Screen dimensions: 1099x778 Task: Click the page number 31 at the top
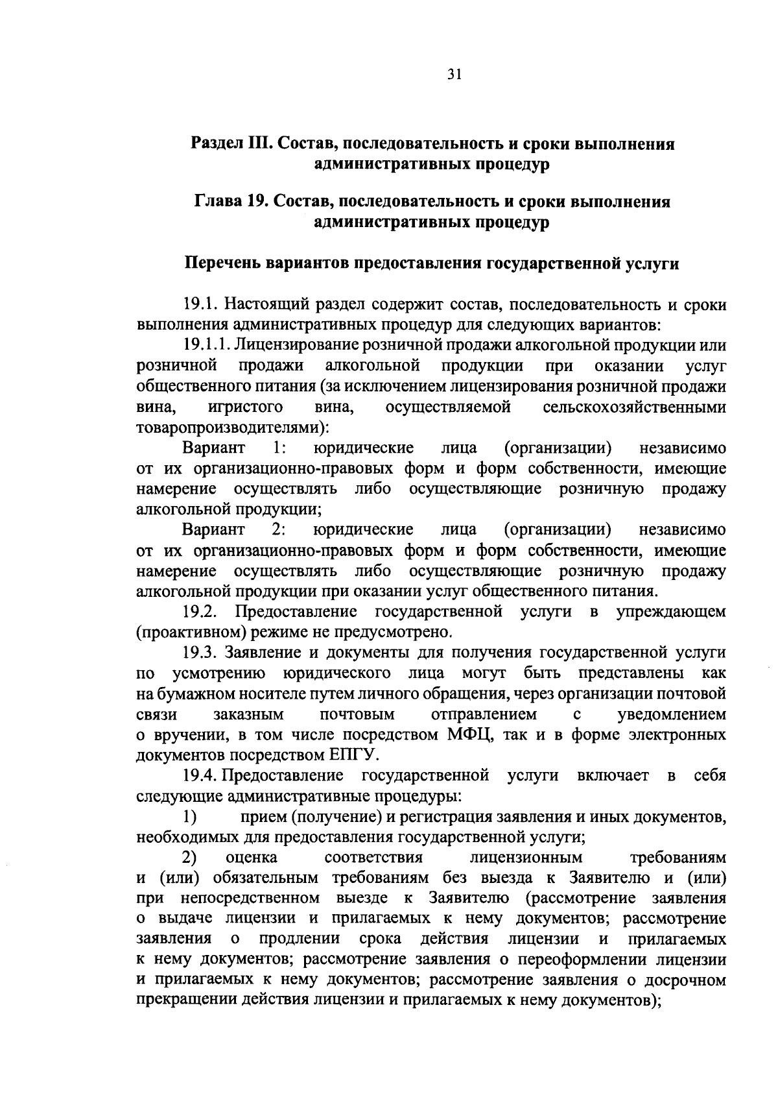(454, 75)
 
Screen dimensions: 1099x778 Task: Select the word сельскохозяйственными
(634, 407)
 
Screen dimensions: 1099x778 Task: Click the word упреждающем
(671, 612)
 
